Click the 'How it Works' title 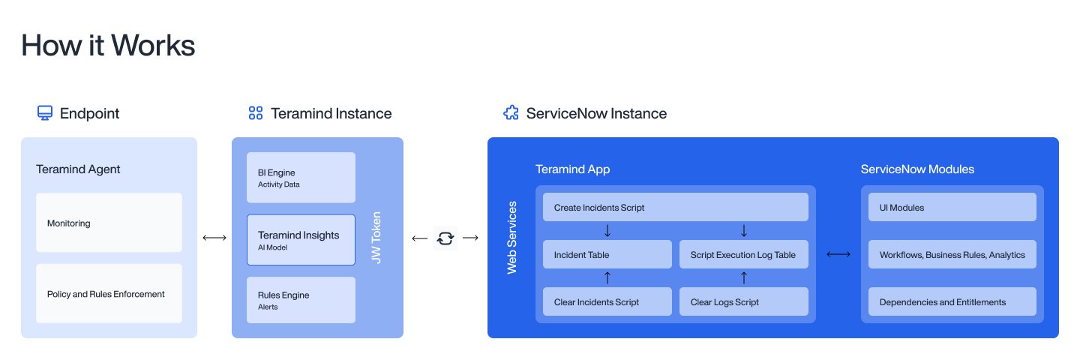coord(108,46)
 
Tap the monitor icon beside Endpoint coord(45,113)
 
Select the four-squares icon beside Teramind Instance coord(256,113)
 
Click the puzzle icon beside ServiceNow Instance coord(511,113)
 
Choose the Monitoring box coord(109,223)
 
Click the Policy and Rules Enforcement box coord(109,293)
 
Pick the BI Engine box coord(301,178)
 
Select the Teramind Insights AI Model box coord(301,240)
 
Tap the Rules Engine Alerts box coord(301,300)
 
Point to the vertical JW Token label coord(377,238)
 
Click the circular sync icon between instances coord(445,238)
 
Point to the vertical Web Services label coord(512,238)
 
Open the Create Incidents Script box coord(675,207)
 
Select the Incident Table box coord(607,254)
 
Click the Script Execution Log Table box coord(743,254)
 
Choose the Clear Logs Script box coord(743,301)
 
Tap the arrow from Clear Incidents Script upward coord(607,278)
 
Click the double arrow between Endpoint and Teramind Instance coord(214,238)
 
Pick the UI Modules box coord(952,207)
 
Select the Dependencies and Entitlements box coord(952,301)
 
